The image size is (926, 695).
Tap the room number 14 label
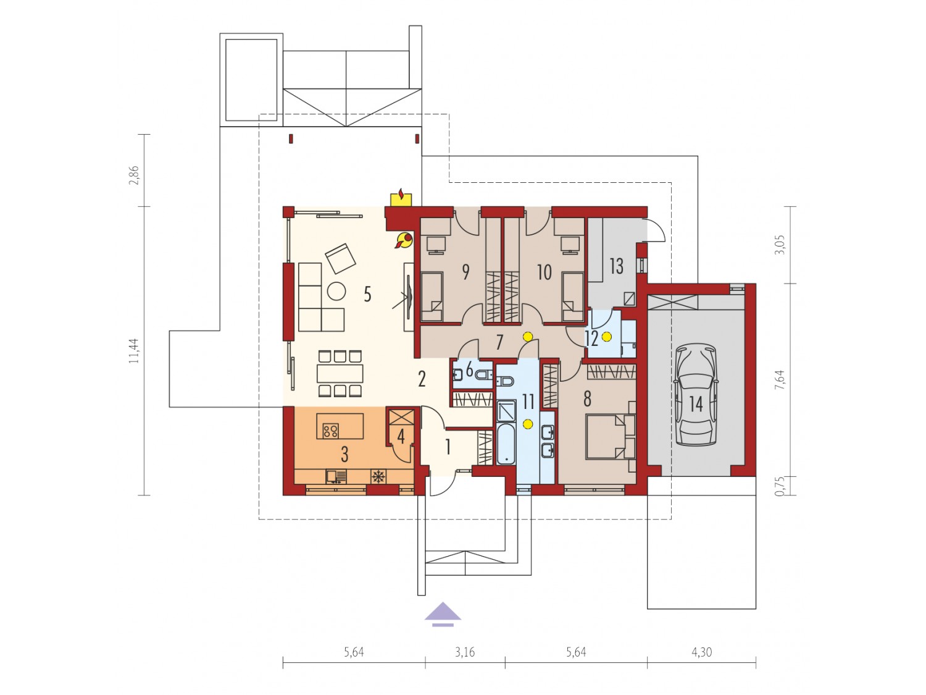(696, 404)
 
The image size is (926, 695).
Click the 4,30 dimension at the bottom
(701, 652)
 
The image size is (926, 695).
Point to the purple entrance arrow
(443, 615)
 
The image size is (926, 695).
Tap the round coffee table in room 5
(336, 291)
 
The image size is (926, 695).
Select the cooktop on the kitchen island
(330, 431)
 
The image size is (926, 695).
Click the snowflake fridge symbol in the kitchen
(378, 477)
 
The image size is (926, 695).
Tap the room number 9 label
(465, 272)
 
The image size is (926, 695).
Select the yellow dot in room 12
(607, 337)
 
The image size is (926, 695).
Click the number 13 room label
(616, 266)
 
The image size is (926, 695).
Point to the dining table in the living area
(340, 374)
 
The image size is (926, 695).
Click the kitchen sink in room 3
(336, 477)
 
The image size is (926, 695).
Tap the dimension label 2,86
(134, 175)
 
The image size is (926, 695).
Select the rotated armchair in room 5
(341, 258)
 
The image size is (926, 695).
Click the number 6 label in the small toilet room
(469, 370)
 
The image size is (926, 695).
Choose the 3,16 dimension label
(465, 652)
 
